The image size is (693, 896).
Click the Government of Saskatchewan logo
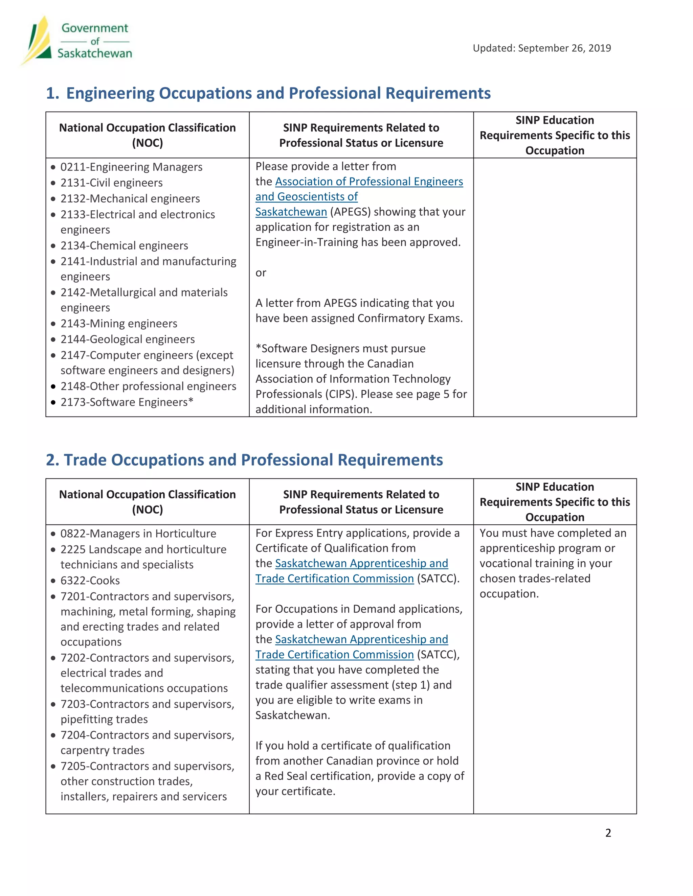(77, 41)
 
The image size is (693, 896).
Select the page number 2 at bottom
(608, 832)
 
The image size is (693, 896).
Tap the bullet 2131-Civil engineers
(111, 183)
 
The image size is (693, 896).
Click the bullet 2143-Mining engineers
(119, 323)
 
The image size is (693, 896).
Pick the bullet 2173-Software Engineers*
(127, 402)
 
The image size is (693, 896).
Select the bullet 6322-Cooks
(90, 580)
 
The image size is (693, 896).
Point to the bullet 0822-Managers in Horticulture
(138, 533)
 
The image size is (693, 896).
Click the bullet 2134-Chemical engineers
(124, 245)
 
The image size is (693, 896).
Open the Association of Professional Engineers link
(369, 181)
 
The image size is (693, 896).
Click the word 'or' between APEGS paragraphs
(261, 273)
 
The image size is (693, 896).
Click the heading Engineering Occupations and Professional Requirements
(278, 93)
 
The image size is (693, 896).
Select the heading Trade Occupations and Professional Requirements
(253, 459)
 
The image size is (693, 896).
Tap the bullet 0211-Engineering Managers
(131, 167)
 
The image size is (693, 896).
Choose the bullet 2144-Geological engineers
(127, 339)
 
